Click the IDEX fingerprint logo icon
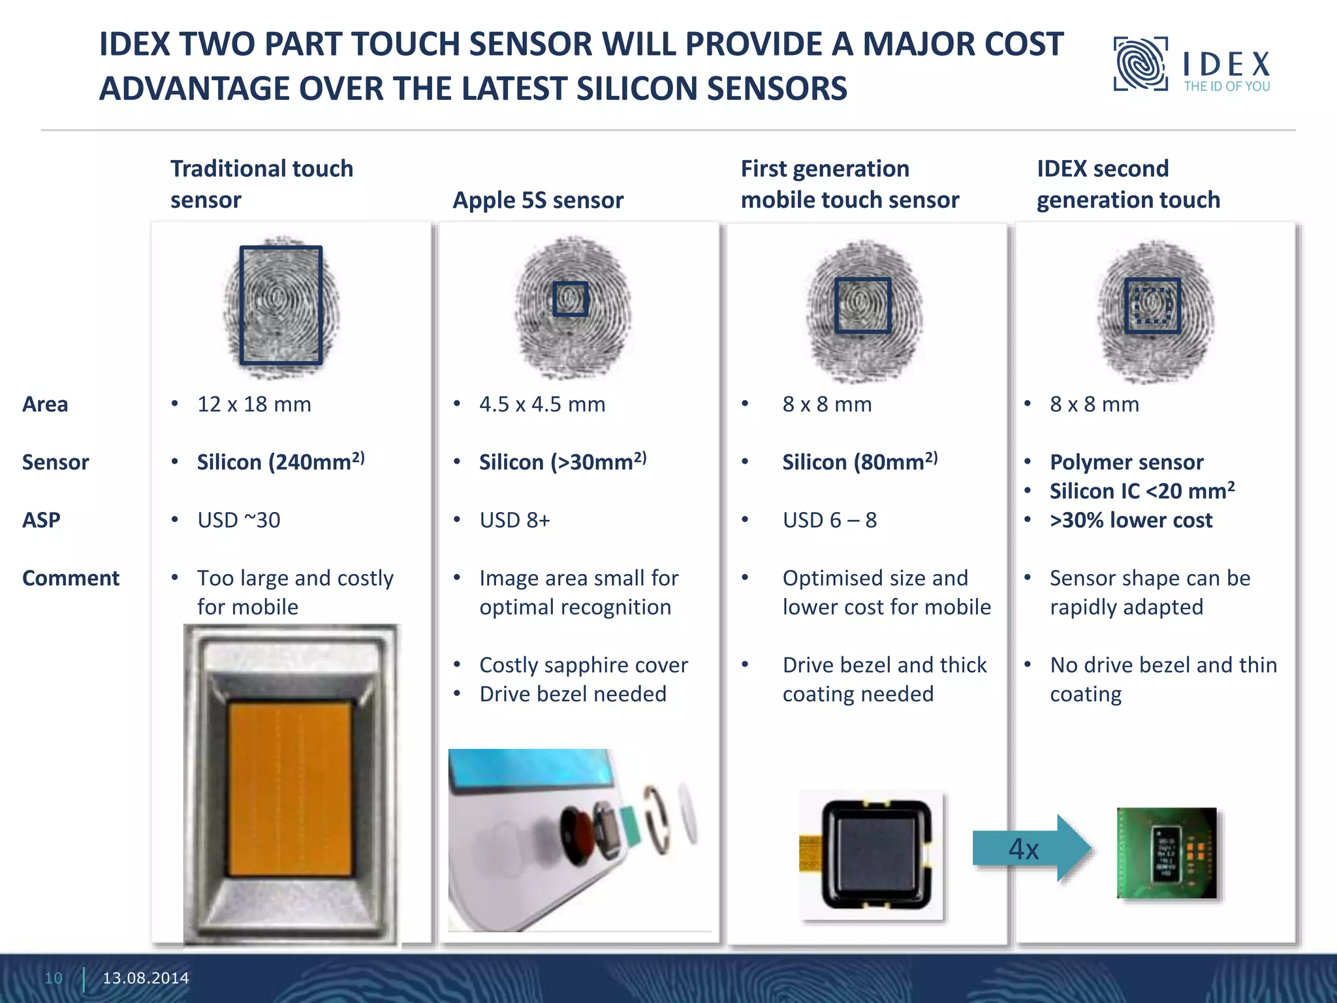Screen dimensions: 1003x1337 (x=1140, y=64)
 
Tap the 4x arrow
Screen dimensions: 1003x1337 (x=1030, y=848)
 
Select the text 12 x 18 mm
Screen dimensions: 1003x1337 (x=254, y=404)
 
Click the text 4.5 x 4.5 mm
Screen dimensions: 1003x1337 (x=542, y=404)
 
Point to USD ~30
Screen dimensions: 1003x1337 (x=239, y=520)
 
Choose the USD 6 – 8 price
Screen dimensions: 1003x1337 (x=829, y=520)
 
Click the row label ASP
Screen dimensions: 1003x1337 (x=41, y=520)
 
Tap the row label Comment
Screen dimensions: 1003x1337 (x=71, y=578)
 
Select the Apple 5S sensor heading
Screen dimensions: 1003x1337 (x=538, y=200)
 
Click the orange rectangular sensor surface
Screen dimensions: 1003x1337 (x=290, y=789)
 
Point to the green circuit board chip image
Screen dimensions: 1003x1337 (x=1167, y=853)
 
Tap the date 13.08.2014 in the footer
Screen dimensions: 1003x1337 (x=146, y=978)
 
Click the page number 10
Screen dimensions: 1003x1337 (x=54, y=978)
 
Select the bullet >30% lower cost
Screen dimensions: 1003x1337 (x=1131, y=520)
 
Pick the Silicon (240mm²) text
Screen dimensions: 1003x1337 (x=281, y=462)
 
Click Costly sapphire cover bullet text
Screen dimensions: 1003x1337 (x=584, y=665)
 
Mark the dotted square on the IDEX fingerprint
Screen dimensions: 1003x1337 (x=1152, y=306)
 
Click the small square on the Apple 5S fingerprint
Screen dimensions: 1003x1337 (x=571, y=299)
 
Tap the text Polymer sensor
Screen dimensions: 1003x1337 (x=1126, y=462)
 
